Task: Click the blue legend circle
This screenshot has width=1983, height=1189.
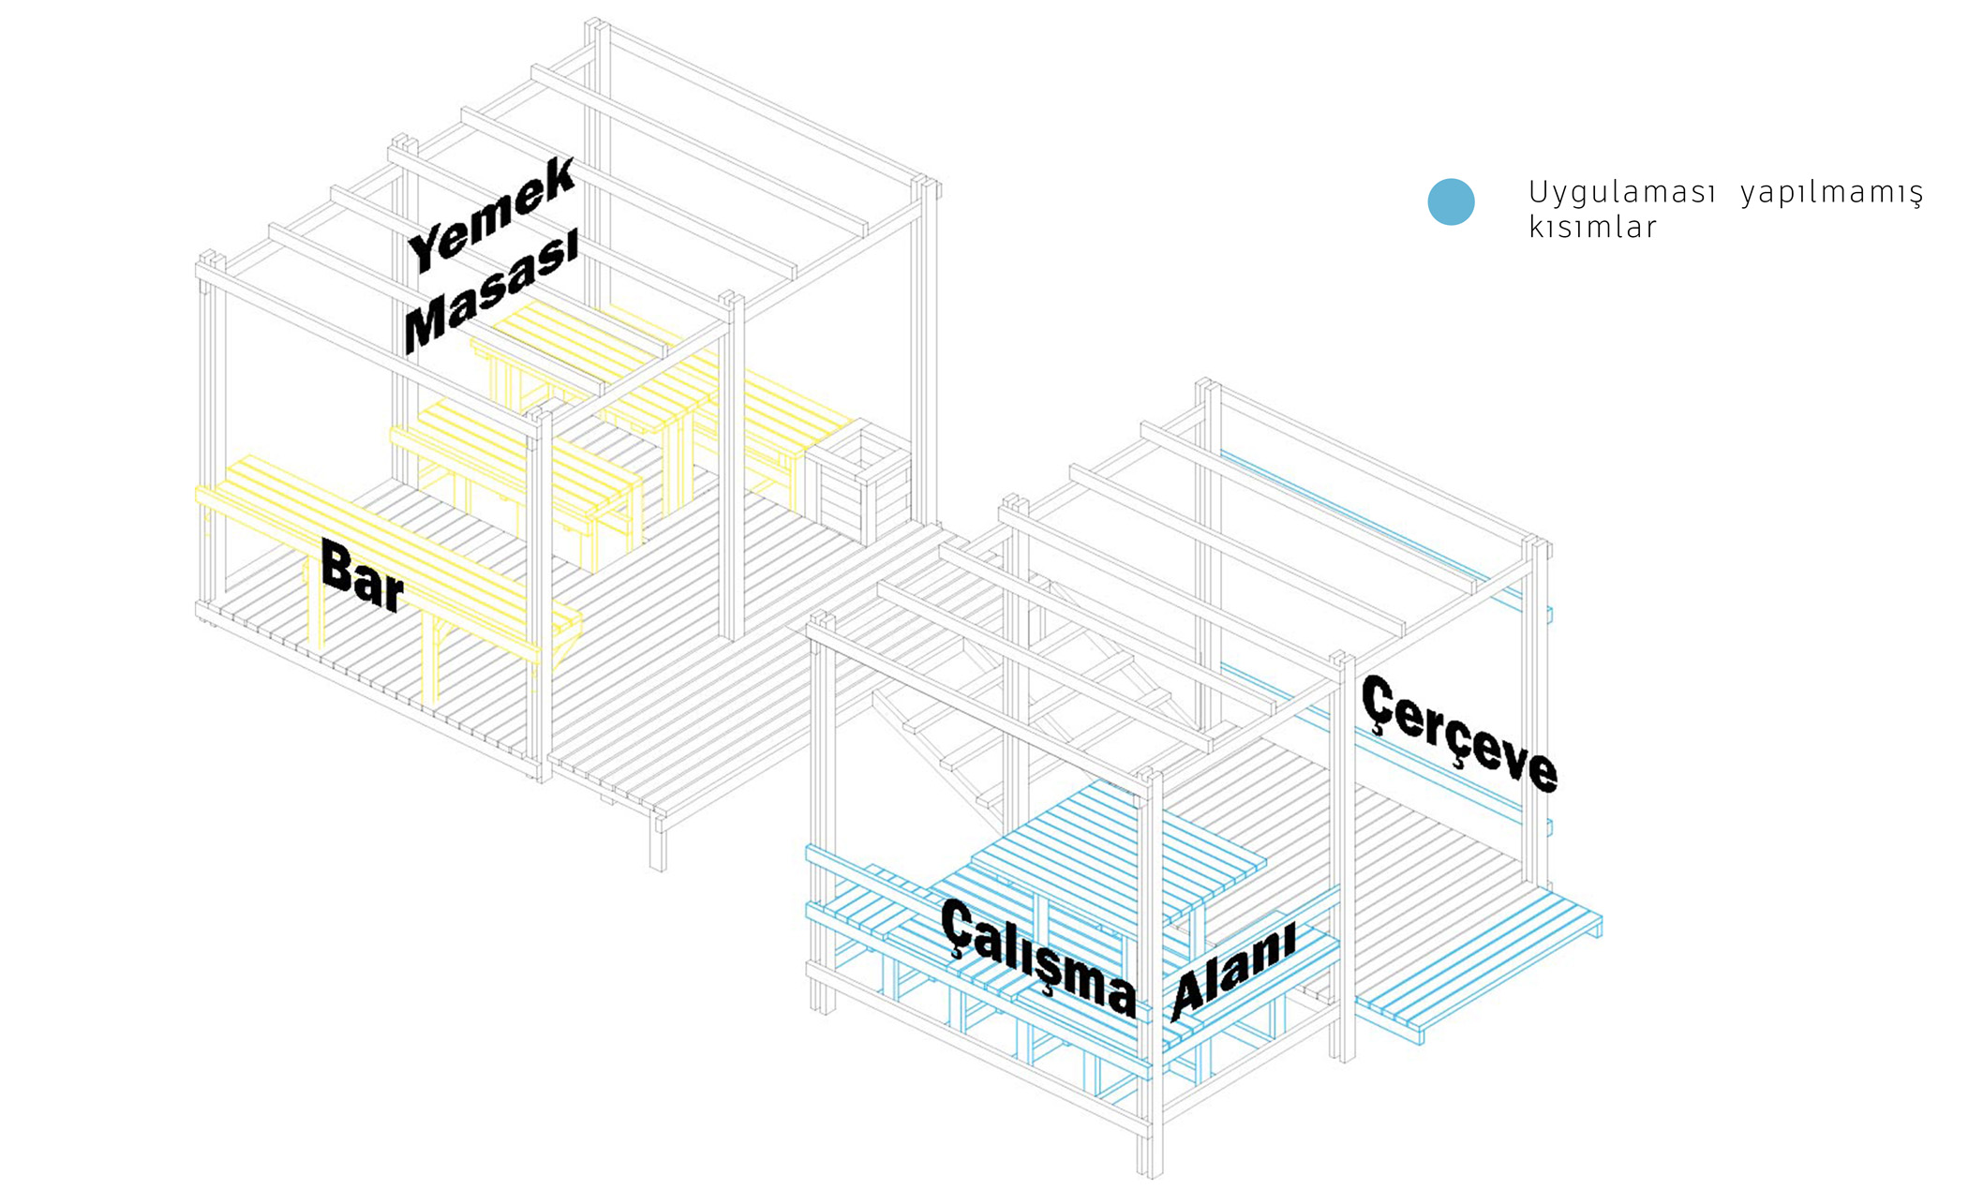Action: (1451, 201)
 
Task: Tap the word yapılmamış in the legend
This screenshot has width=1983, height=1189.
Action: (1831, 194)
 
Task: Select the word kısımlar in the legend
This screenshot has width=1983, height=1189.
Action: (1592, 228)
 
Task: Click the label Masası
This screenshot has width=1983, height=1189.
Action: (490, 293)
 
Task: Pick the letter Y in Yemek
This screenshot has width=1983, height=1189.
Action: (428, 247)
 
